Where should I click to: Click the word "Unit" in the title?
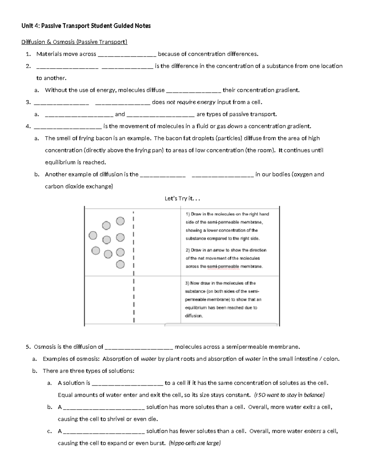(27, 26)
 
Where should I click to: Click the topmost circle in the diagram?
(120, 221)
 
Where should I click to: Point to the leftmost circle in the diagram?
(93, 235)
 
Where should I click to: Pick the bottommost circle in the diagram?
(120, 264)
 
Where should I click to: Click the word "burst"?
(158, 443)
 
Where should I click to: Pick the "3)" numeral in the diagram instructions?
(187, 283)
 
